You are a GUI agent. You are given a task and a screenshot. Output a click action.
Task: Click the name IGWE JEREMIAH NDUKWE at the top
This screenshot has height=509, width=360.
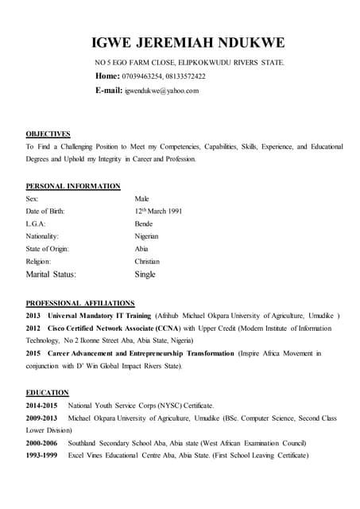pyautogui.click(x=188, y=42)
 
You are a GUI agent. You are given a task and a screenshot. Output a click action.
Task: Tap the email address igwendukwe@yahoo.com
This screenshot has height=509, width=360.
pyautogui.click(x=161, y=91)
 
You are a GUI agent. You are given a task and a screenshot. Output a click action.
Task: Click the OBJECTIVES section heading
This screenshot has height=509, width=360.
pyautogui.click(x=48, y=134)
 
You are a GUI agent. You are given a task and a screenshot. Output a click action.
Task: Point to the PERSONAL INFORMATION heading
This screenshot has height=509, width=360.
pyautogui.click(x=73, y=186)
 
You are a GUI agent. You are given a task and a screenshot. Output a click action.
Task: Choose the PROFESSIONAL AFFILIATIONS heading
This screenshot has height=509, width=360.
pyautogui.click(x=80, y=303)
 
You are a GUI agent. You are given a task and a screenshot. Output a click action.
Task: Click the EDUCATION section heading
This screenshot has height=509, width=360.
pyautogui.click(x=47, y=392)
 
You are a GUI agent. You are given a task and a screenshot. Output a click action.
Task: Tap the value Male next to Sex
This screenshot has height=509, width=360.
pyautogui.click(x=142, y=199)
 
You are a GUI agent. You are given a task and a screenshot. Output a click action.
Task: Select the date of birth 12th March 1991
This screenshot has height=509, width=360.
pyautogui.click(x=159, y=212)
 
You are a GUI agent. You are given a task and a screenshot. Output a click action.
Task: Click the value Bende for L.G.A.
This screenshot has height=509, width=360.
pyautogui.click(x=145, y=224)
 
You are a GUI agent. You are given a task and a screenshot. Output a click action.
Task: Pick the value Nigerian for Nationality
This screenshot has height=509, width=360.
pyautogui.click(x=147, y=236)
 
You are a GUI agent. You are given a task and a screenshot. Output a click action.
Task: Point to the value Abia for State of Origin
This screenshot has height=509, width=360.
pyautogui.click(x=141, y=249)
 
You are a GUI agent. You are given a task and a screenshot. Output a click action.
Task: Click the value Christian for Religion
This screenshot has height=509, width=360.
pyautogui.click(x=147, y=261)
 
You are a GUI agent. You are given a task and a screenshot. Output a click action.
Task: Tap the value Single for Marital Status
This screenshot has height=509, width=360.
pyautogui.click(x=145, y=274)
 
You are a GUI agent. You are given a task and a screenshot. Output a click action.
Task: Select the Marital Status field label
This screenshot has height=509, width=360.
pyautogui.click(x=52, y=274)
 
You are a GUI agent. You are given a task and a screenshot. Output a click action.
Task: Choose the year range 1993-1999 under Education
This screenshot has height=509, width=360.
pyautogui.click(x=41, y=455)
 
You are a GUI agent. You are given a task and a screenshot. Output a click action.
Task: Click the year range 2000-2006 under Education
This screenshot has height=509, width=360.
pyautogui.click(x=41, y=443)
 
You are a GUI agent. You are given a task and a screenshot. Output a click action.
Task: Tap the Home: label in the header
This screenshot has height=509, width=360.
pyautogui.click(x=107, y=76)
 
